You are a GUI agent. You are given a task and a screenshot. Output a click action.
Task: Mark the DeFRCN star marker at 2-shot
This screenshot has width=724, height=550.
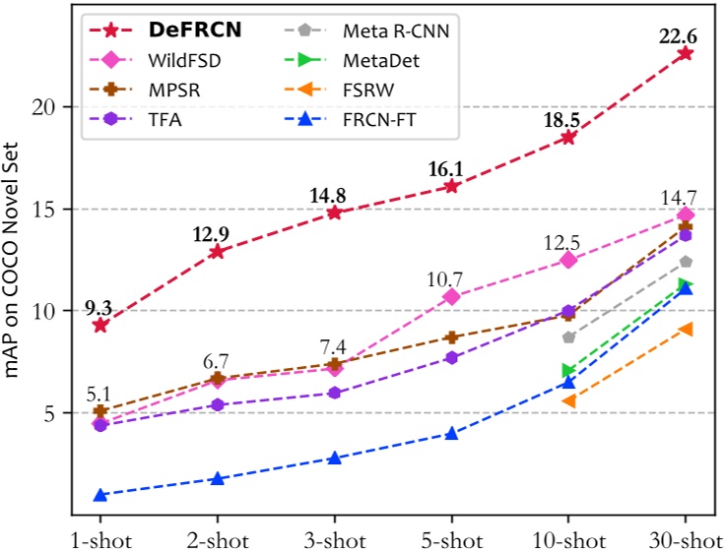click(x=217, y=252)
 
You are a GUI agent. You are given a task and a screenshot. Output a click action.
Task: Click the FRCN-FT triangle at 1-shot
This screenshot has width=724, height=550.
click(x=99, y=495)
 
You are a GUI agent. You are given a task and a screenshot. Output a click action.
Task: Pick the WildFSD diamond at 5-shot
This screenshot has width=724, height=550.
click(x=451, y=296)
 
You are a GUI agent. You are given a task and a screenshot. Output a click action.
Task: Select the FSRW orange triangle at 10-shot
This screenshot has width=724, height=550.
click(x=568, y=400)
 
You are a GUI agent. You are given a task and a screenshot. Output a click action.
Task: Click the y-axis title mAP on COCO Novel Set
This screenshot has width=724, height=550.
click(x=14, y=266)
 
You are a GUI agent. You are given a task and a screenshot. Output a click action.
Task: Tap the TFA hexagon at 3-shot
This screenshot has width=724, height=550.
click(x=334, y=393)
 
